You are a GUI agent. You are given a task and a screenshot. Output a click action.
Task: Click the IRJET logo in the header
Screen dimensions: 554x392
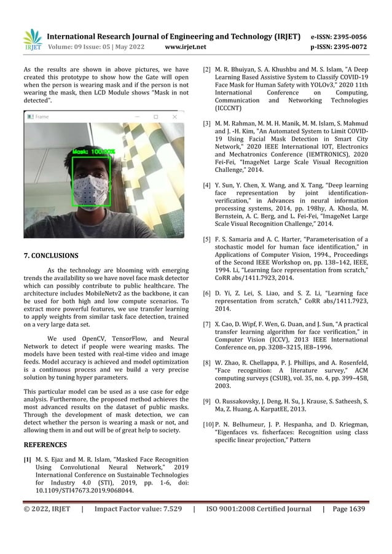point(32,39)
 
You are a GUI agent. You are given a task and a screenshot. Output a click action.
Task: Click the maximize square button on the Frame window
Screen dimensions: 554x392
point(156,116)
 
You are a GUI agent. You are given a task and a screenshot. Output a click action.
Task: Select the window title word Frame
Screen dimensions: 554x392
point(42,116)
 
